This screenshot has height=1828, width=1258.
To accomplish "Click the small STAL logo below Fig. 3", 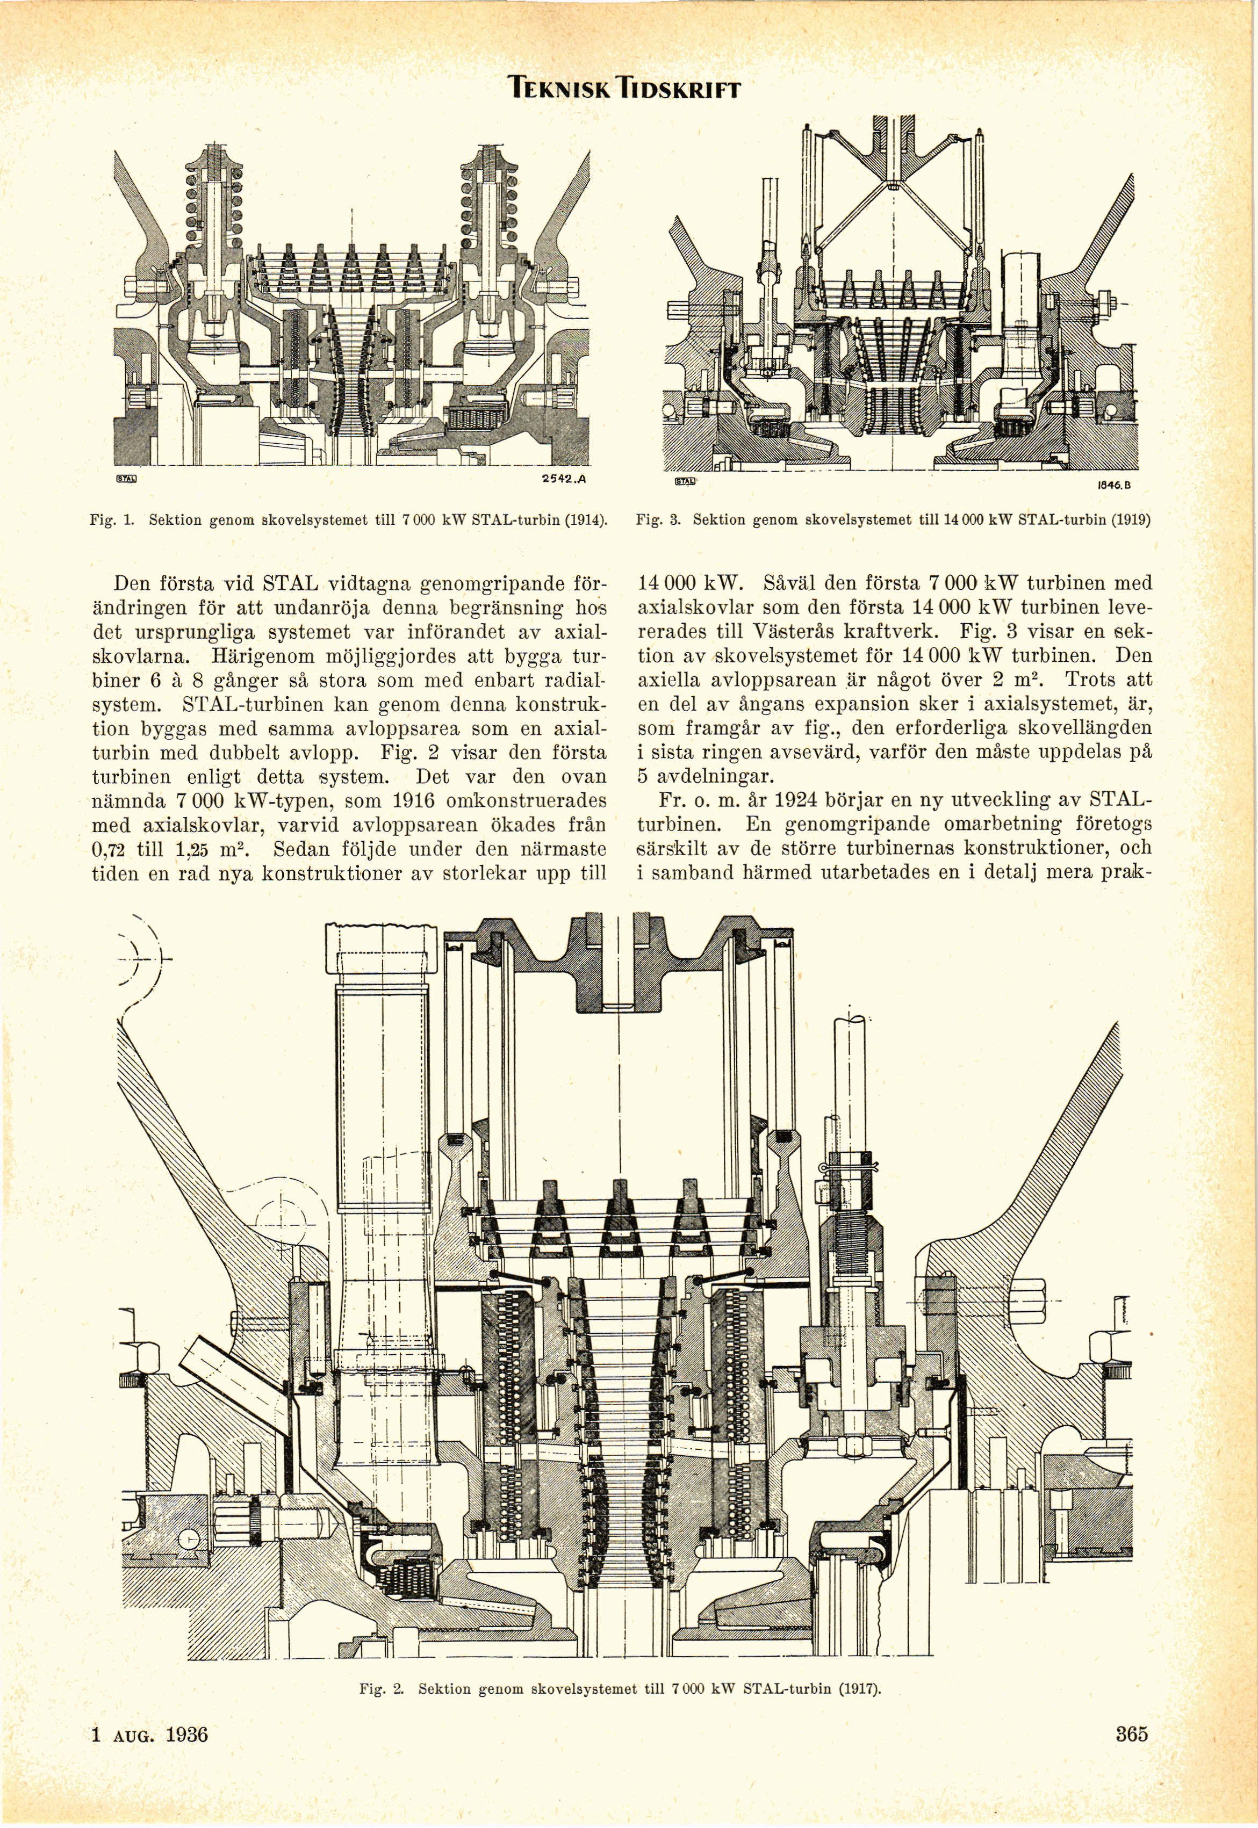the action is [x=687, y=481].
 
